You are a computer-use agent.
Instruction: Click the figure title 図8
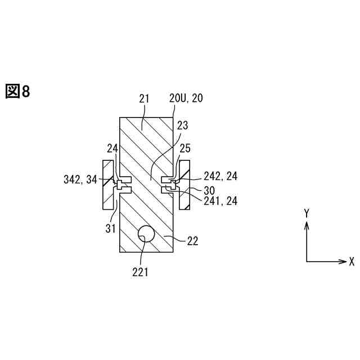[x=17, y=91]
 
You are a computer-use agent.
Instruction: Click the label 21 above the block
[x=144, y=98]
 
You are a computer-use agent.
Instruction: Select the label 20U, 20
[x=186, y=98]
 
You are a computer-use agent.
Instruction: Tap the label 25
[x=185, y=149]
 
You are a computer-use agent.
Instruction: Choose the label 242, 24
[x=220, y=176]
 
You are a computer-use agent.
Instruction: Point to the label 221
[x=140, y=272]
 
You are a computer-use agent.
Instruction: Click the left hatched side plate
[x=107, y=185]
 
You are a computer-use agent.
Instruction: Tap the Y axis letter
[x=307, y=213]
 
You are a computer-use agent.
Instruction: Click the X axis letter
[x=352, y=262]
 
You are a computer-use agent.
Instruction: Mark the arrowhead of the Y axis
[x=307, y=224]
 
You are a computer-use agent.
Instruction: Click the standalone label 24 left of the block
[x=112, y=149]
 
